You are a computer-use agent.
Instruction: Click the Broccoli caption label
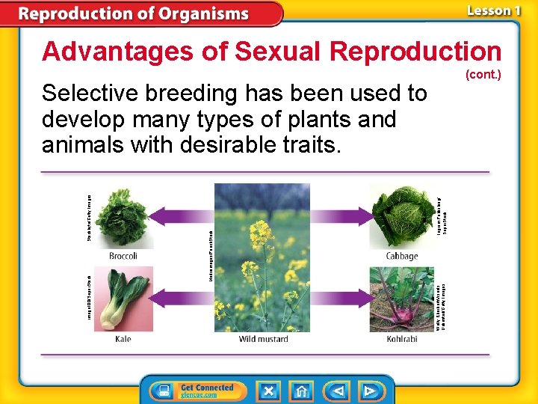(123, 256)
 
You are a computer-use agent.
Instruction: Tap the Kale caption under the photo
(123, 339)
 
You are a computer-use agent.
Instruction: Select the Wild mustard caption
(263, 339)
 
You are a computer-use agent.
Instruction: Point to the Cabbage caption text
(402, 256)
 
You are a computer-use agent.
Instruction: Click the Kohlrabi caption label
(402, 339)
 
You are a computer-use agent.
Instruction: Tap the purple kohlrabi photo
(402, 299)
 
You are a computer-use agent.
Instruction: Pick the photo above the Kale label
(123, 299)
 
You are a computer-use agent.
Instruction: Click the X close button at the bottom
(268, 391)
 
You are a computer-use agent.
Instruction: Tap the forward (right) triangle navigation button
(370, 391)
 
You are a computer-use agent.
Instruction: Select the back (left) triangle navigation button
(337, 391)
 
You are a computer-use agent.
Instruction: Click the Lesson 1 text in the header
(493, 10)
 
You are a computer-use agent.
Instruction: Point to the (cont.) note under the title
(483, 75)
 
